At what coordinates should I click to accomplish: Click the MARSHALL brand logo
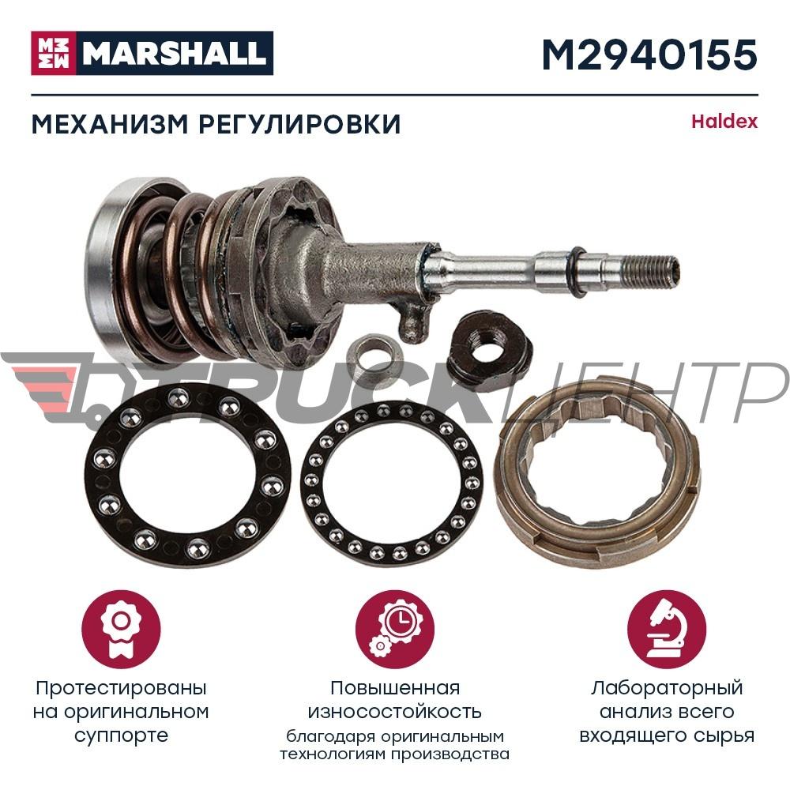(152, 53)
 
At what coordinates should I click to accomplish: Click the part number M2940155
(649, 55)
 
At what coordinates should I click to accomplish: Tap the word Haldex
(724, 122)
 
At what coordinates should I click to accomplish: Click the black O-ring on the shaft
(578, 271)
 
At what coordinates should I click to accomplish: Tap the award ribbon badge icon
(121, 630)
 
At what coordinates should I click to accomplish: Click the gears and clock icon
(395, 630)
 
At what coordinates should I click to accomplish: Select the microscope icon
(667, 630)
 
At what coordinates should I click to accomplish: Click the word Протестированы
(121, 688)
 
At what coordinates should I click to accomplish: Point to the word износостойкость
(394, 712)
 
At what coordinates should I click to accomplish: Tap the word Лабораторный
(667, 688)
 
